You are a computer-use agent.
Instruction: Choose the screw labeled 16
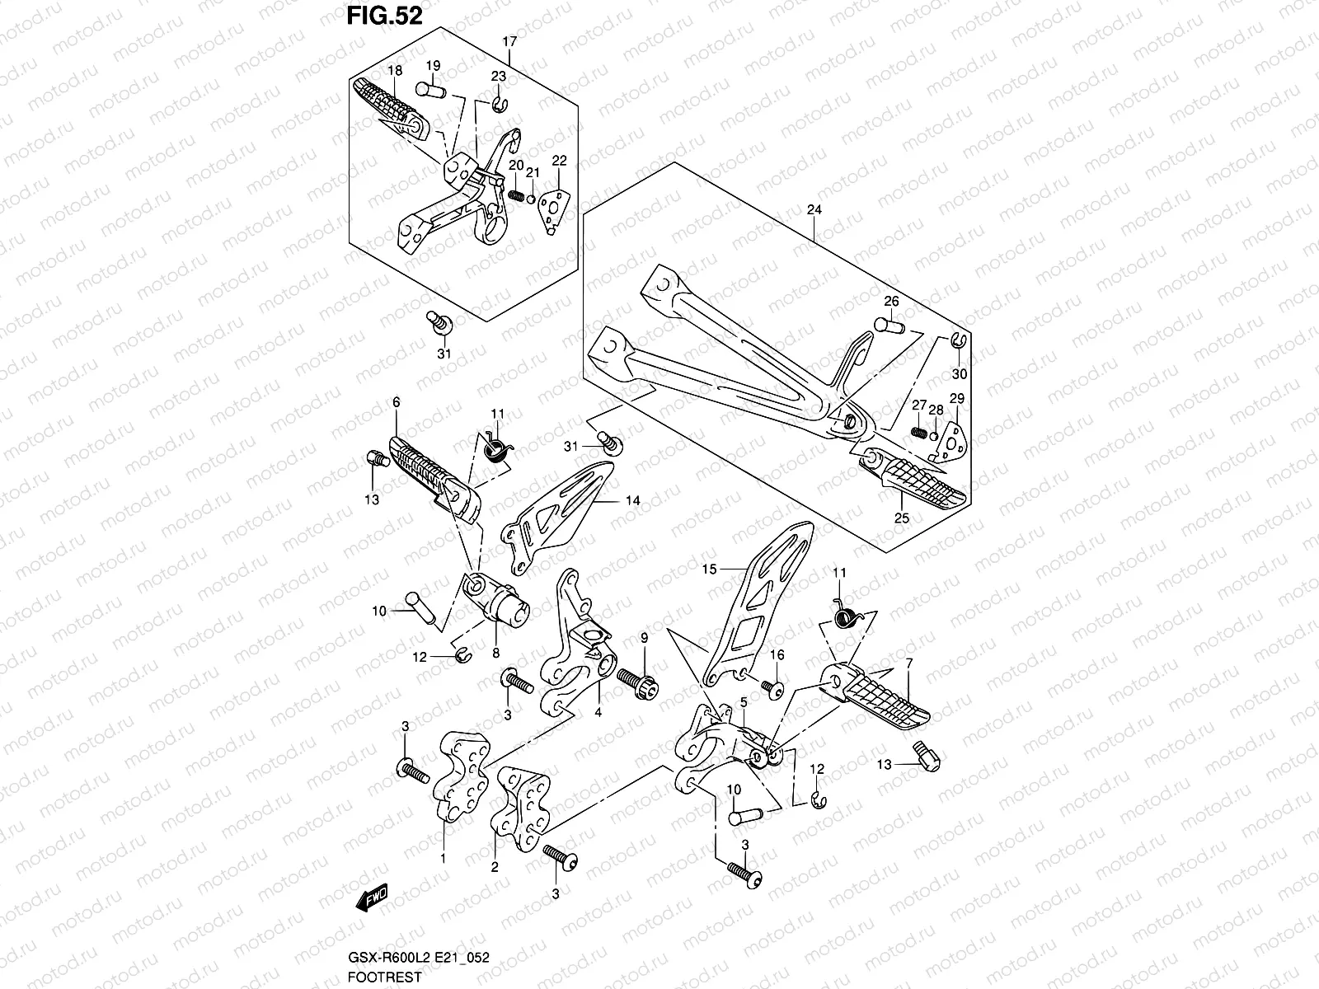click(x=772, y=687)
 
